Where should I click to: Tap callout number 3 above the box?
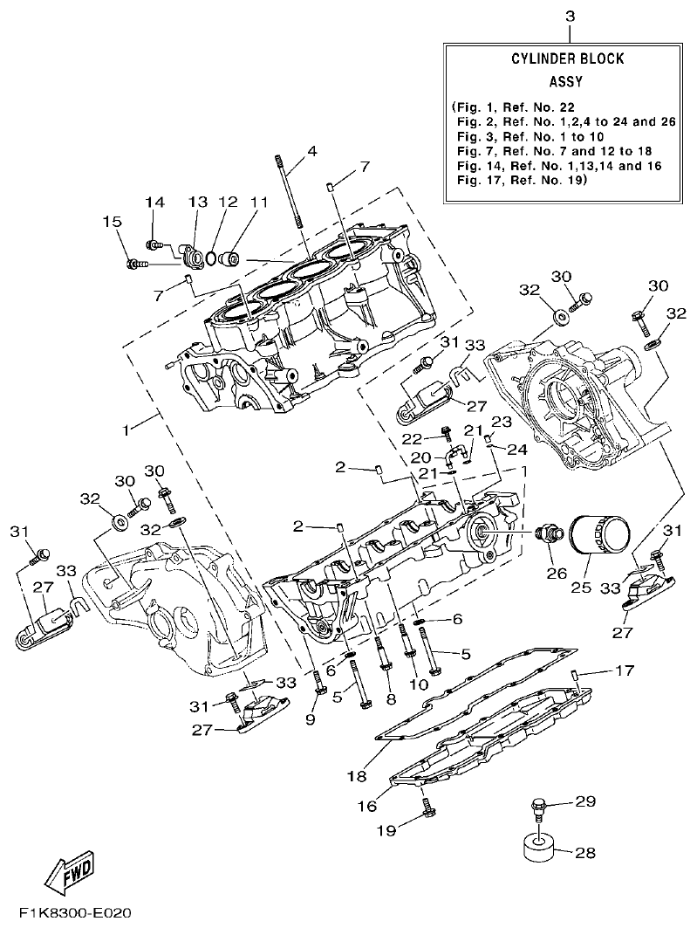[x=570, y=17]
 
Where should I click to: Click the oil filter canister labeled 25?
[x=601, y=536]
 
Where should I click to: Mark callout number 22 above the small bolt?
[x=412, y=437]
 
